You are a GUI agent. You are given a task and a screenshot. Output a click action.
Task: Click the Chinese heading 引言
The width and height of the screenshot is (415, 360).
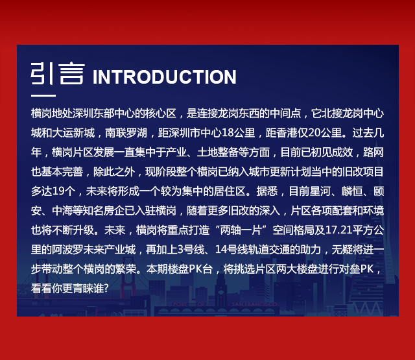click(x=58, y=73)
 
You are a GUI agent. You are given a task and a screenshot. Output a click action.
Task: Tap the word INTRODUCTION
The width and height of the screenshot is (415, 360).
click(x=164, y=77)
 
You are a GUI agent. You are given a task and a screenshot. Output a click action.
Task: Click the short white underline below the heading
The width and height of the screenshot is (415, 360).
click(x=43, y=95)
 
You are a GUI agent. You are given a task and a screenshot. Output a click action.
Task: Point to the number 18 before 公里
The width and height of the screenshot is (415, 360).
click(x=228, y=133)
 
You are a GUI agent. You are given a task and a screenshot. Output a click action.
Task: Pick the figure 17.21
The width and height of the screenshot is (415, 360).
click(x=338, y=230)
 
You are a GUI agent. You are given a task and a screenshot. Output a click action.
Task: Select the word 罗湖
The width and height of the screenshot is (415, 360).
click(x=137, y=133)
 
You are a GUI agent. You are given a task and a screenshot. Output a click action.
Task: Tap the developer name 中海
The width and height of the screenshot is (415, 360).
click(x=62, y=211)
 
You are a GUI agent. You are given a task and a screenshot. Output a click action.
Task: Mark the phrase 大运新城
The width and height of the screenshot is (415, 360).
click(x=73, y=133)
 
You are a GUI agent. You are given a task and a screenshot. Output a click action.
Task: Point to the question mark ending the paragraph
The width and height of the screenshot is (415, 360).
click(x=106, y=288)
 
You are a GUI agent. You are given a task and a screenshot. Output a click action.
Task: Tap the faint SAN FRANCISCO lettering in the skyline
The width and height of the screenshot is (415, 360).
click(x=254, y=304)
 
